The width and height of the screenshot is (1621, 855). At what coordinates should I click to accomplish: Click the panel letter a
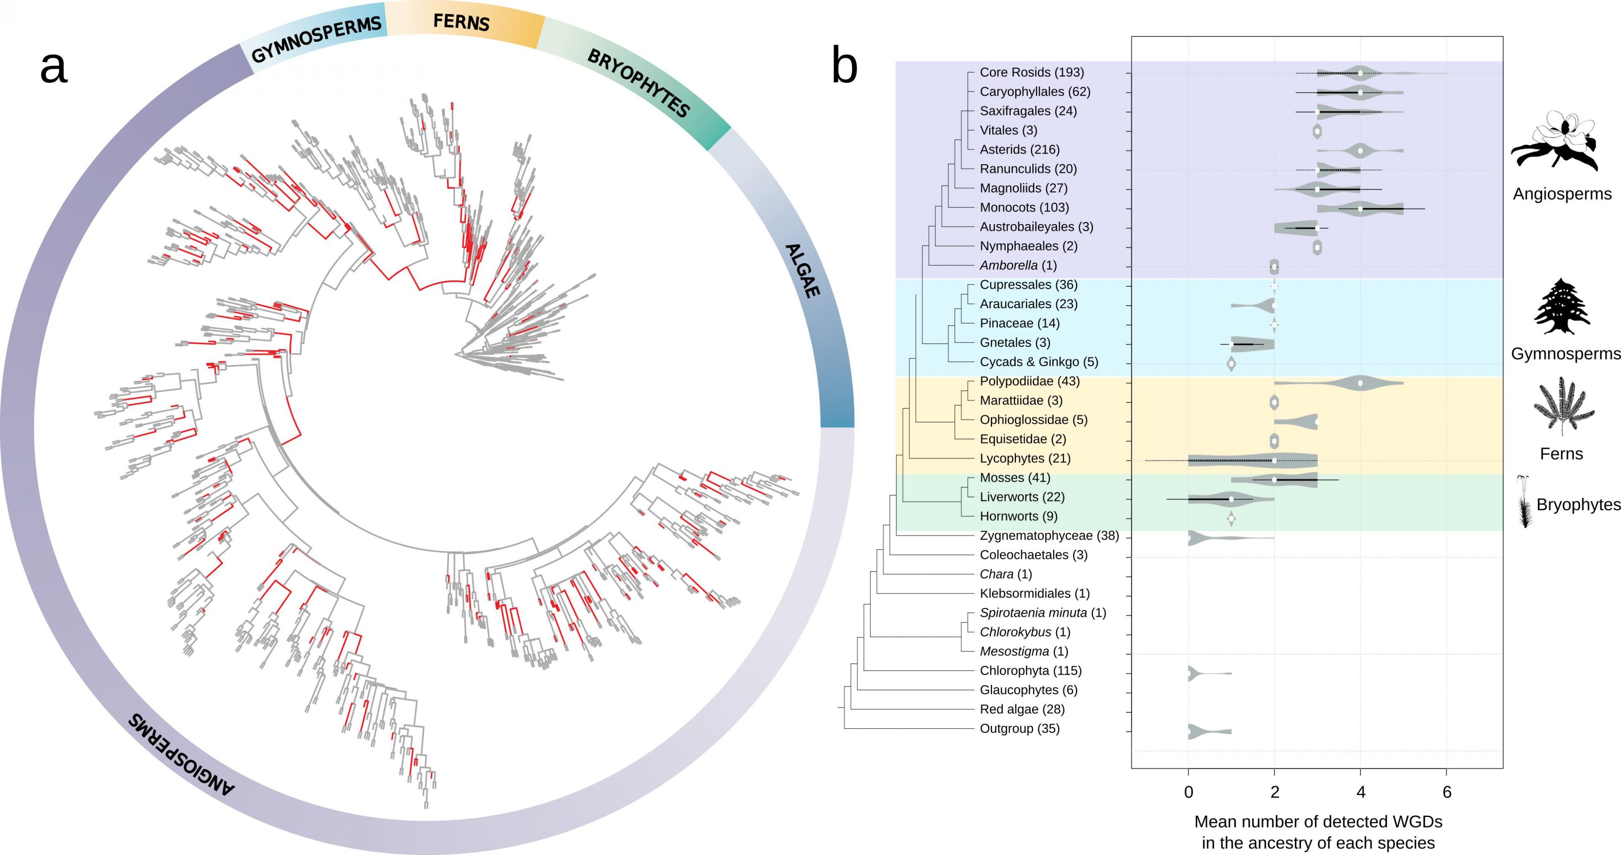pyautogui.click(x=54, y=68)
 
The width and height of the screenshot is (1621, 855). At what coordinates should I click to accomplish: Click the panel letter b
pyautogui.click(x=844, y=65)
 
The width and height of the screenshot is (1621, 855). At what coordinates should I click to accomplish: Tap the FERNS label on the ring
pyautogui.click(x=461, y=22)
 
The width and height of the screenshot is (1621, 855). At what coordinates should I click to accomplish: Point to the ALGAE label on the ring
pyautogui.click(x=802, y=271)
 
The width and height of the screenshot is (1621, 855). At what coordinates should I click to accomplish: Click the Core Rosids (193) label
pyautogui.click(x=1031, y=72)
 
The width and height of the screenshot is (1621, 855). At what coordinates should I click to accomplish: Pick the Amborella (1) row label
pyautogui.click(x=1017, y=266)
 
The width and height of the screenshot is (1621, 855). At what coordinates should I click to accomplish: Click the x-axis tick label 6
pyautogui.click(x=1447, y=793)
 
